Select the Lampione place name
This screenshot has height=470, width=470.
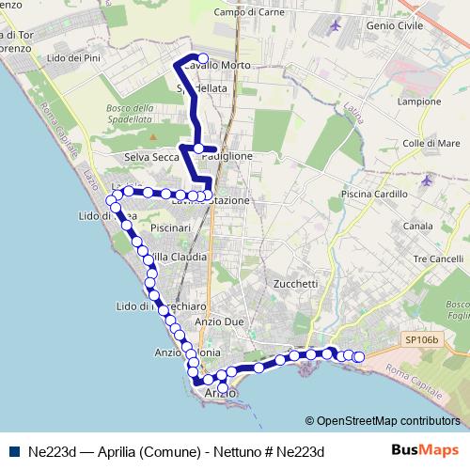419,102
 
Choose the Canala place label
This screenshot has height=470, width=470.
418,227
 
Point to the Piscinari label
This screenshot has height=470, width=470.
170,227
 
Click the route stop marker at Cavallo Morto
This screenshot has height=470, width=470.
202,58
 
